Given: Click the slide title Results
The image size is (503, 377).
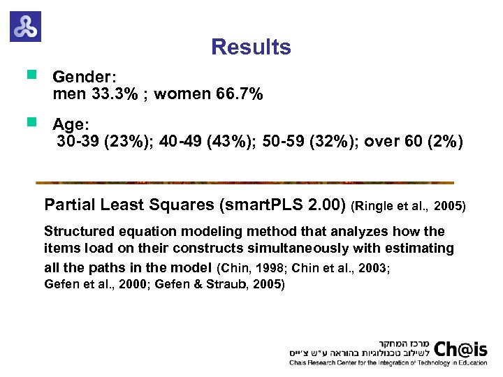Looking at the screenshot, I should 251,47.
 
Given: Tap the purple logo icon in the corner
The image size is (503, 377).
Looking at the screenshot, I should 26,26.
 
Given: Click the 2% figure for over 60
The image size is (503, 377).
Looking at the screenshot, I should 446,143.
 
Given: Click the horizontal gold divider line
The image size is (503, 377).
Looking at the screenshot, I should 245,183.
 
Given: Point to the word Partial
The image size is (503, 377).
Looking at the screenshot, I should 68,205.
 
